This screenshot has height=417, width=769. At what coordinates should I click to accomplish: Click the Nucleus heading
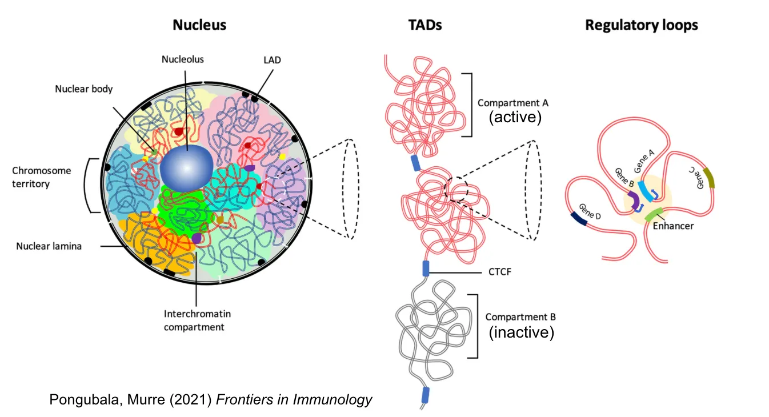199,25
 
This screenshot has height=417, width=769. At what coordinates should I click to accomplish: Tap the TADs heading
424,25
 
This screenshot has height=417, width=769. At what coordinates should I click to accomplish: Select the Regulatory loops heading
641,25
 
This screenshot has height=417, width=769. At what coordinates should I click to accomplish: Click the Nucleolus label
182,59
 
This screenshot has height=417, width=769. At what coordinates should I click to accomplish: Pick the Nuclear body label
84,89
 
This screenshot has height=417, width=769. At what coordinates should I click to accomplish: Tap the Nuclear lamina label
49,247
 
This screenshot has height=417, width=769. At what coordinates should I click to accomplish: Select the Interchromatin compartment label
197,320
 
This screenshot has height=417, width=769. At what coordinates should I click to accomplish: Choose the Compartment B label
520,317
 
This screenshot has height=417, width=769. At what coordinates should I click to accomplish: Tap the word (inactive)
521,332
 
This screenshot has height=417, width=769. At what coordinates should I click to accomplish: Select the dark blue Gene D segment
579,218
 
